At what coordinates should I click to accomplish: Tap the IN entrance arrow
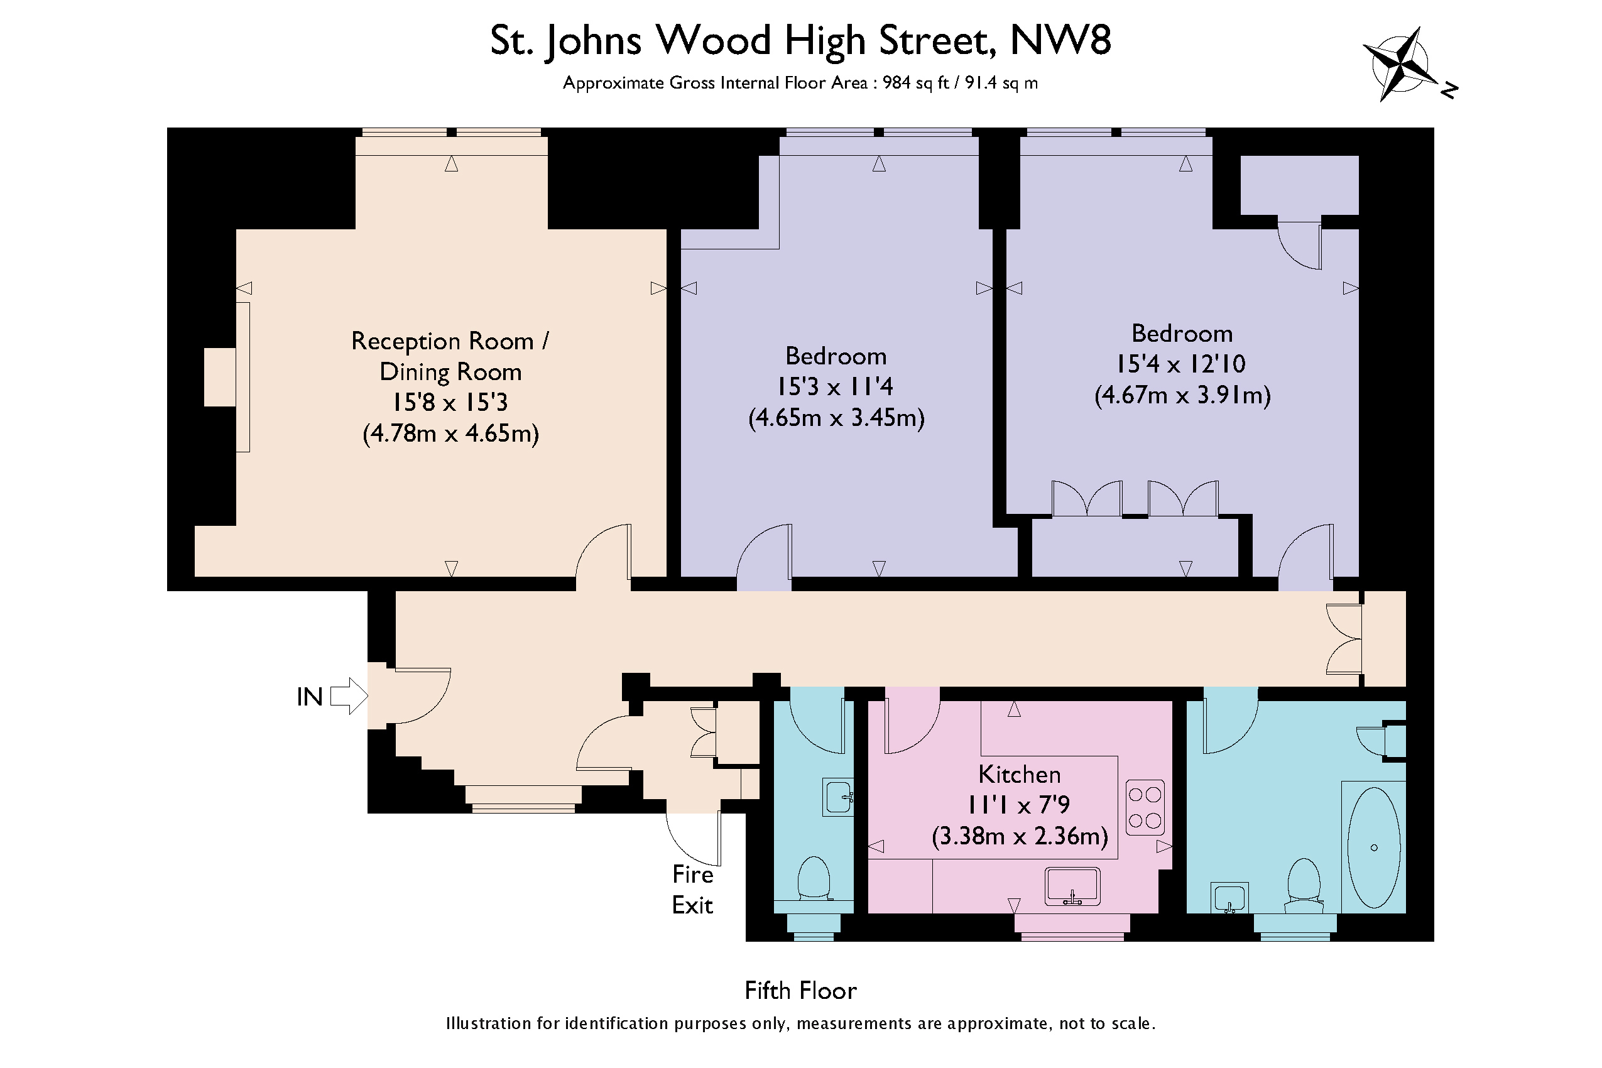pos(349,696)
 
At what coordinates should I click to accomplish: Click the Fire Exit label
pos(692,890)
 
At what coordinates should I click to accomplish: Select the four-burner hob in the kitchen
pos(1145,807)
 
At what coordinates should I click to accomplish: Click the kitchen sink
pos(1073,886)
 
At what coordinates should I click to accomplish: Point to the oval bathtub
pos(1375,847)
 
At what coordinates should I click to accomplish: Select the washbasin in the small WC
pos(839,796)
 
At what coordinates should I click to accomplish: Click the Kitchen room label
pos(1019,775)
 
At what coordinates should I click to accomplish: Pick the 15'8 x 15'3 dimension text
pos(450,403)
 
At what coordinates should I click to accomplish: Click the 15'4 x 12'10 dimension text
pos(1181,364)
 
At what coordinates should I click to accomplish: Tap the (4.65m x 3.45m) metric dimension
pos(836,418)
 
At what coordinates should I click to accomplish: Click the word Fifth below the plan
pos(769,990)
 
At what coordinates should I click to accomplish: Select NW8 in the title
pos(1061,40)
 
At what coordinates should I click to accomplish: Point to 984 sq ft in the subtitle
pos(915,83)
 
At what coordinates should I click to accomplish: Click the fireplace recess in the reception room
pos(220,378)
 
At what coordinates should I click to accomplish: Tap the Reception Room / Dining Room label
pos(450,356)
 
